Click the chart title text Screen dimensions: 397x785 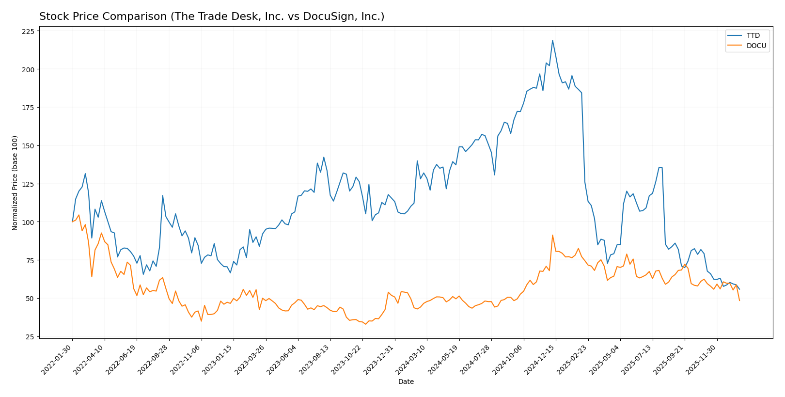(x=212, y=16)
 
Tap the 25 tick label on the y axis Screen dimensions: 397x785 (x=31, y=337)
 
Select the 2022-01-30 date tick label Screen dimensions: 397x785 (x=57, y=359)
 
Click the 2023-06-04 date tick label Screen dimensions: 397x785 (x=282, y=359)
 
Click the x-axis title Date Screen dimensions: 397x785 (x=406, y=382)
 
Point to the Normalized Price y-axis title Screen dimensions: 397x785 (x=15, y=183)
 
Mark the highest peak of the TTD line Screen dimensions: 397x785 (x=552, y=40)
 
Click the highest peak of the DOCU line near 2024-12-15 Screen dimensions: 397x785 (x=552, y=235)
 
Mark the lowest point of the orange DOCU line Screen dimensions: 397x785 (x=365, y=324)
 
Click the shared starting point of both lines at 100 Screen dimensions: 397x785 (x=72, y=222)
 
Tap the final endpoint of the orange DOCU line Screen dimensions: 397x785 (x=739, y=301)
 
